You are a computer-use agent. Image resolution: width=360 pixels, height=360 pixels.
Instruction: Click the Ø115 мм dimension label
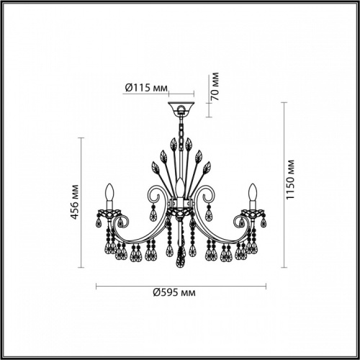point(145,88)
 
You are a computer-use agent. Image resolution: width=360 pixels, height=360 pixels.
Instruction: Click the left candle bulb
point(109,194)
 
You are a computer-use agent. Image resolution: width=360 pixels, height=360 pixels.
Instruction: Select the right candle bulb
point(253,194)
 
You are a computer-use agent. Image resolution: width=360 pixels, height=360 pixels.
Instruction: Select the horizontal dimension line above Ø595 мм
point(181,286)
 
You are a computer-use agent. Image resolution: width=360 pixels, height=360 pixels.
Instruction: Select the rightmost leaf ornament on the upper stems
point(207,168)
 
